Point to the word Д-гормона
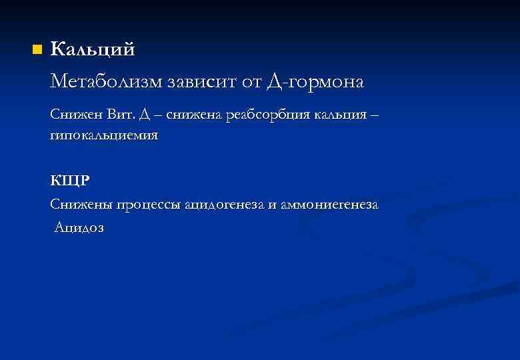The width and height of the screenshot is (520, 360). tap(315, 83)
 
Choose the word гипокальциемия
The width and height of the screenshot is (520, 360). tap(104, 135)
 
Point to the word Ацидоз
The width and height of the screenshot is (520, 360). tap(79, 227)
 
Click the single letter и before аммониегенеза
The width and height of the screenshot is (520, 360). tap(272, 205)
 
